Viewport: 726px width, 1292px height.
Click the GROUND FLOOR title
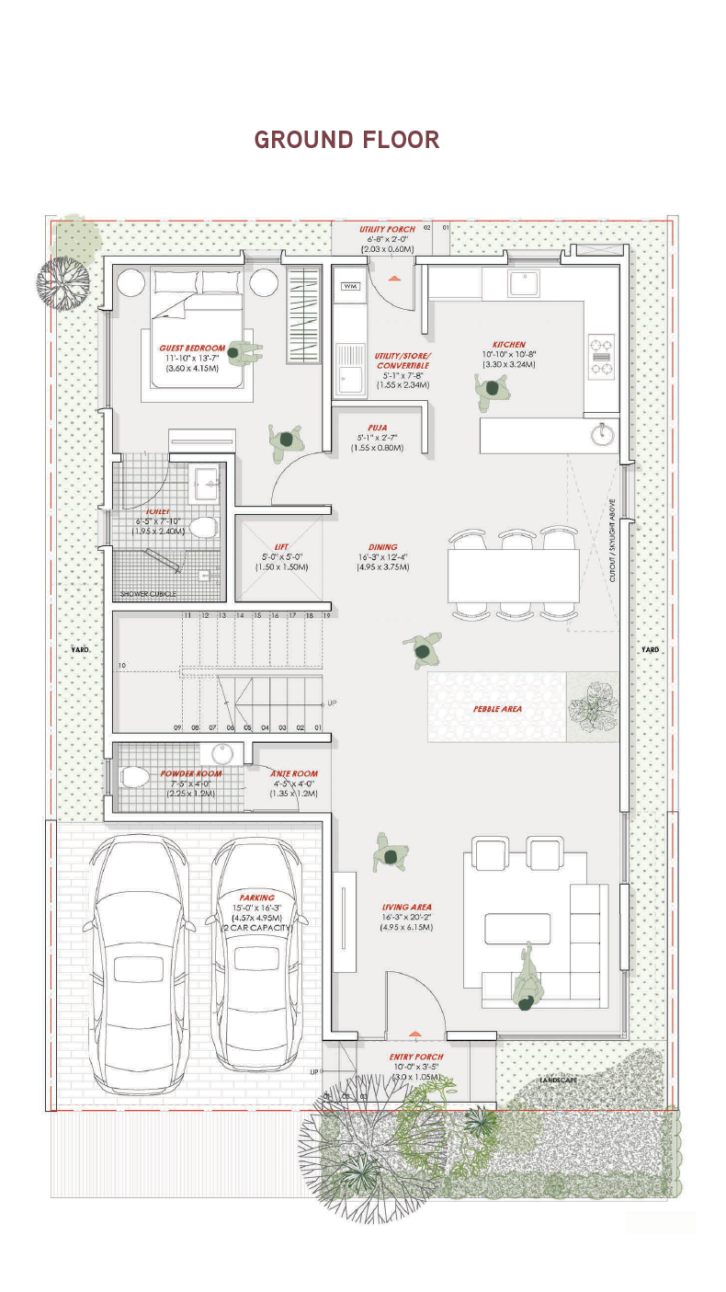[346, 140]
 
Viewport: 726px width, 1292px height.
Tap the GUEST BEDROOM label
[192, 349]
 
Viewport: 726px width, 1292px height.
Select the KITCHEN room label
[508, 345]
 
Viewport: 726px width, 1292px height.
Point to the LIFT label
[281, 547]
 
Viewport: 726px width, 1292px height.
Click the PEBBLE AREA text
[497, 709]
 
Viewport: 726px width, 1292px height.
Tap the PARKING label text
[256, 898]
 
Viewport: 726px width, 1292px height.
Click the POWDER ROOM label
[191, 773]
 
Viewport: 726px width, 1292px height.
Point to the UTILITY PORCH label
[387, 229]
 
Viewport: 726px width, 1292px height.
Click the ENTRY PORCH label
[416, 1058]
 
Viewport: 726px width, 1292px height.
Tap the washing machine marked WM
[350, 286]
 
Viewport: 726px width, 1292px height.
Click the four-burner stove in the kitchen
[601, 358]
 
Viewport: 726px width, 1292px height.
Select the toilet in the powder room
[133, 776]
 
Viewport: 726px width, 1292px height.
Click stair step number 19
[325, 615]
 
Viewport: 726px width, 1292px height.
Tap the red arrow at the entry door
[415, 1034]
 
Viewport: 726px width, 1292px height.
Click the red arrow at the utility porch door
[393, 277]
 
